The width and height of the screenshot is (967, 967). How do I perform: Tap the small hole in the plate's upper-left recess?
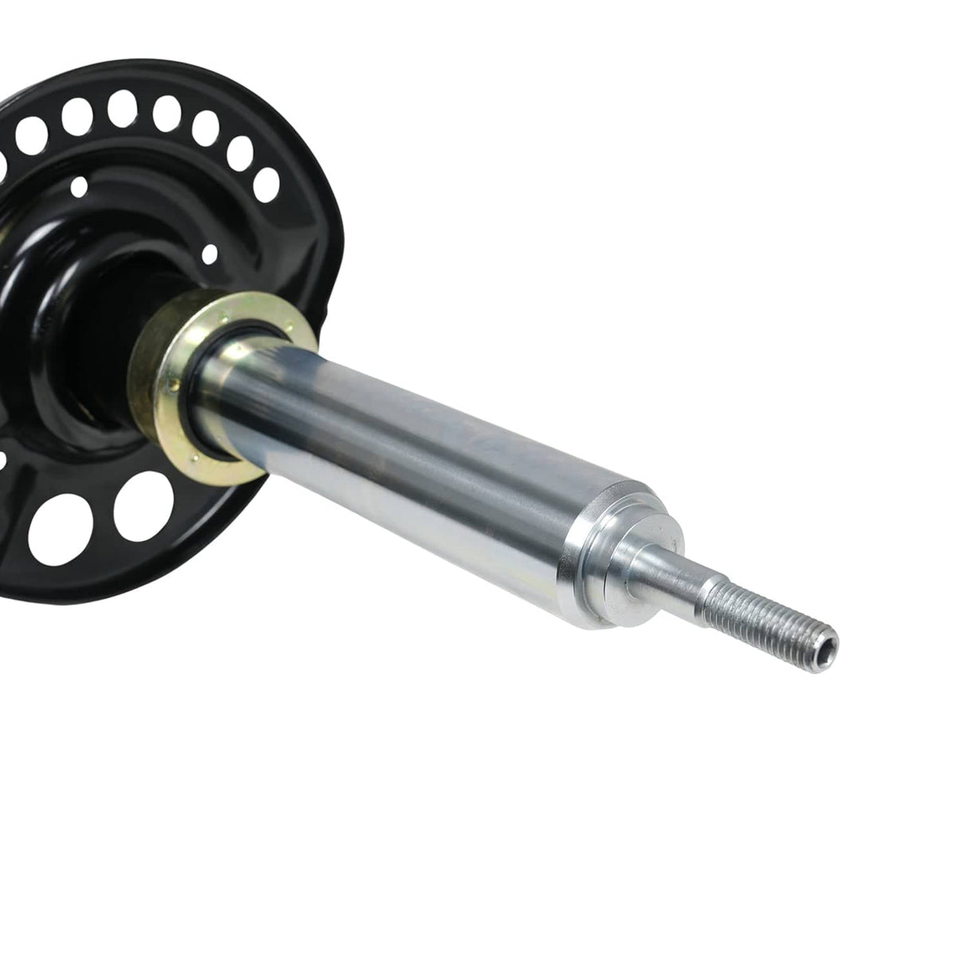pyautogui.click(x=80, y=186)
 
